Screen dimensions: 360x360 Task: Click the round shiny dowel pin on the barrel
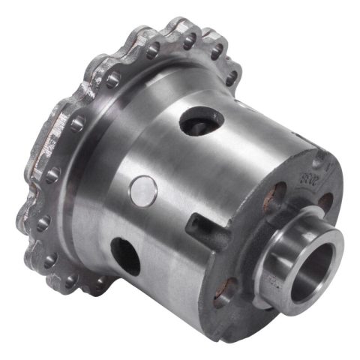pyautogui.click(x=142, y=190)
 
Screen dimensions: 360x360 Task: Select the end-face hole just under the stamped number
pyautogui.click(x=325, y=201)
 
